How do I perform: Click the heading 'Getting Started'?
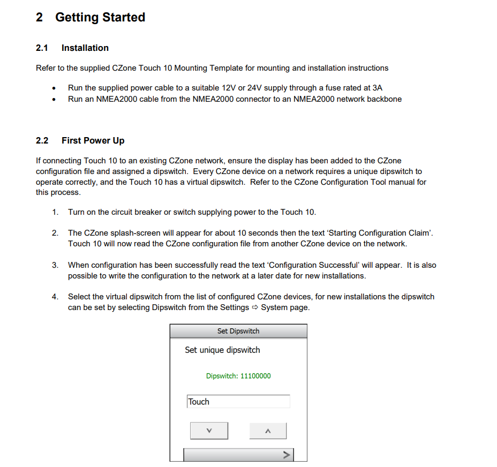click(100, 17)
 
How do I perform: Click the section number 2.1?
click(42, 48)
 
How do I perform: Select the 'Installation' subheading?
click(85, 48)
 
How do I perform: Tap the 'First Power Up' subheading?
click(93, 140)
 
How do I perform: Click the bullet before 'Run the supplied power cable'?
click(54, 88)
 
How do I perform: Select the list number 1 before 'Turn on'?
click(55, 212)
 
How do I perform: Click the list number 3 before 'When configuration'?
click(55, 265)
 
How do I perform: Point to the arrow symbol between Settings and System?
click(255, 307)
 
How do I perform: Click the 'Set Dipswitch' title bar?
click(238, 331)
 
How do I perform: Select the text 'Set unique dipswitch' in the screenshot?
click(222, 350)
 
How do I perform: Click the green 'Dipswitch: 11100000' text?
click(238, 376)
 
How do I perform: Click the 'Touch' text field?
click(238, 402)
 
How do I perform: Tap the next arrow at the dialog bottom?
click(287, 455)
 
